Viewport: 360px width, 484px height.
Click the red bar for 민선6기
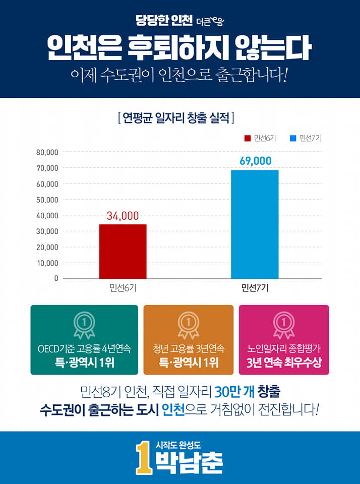click(x=123, y=251)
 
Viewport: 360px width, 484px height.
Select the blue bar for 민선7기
click(x=255, y=224)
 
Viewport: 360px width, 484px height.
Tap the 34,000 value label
click(x=123, y=216)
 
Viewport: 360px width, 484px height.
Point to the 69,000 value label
click(x=255, y=161)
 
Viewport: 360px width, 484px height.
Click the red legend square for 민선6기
click(x=248, y=138)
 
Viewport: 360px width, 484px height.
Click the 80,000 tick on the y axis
click(x=47, y=152)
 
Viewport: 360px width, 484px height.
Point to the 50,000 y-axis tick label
click(x=47, y=200)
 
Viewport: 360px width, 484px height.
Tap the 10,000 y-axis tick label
click(x=47, y=263)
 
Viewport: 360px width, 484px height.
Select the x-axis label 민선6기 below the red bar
click(x=123, y=288)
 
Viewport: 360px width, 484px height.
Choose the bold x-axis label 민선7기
click(x=255, y=288)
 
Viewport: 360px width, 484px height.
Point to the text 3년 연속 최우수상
click(x=284, y=362)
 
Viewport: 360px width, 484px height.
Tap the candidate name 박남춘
click(x=189, y=463)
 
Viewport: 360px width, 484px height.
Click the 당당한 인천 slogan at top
click(x=164, y=21)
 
